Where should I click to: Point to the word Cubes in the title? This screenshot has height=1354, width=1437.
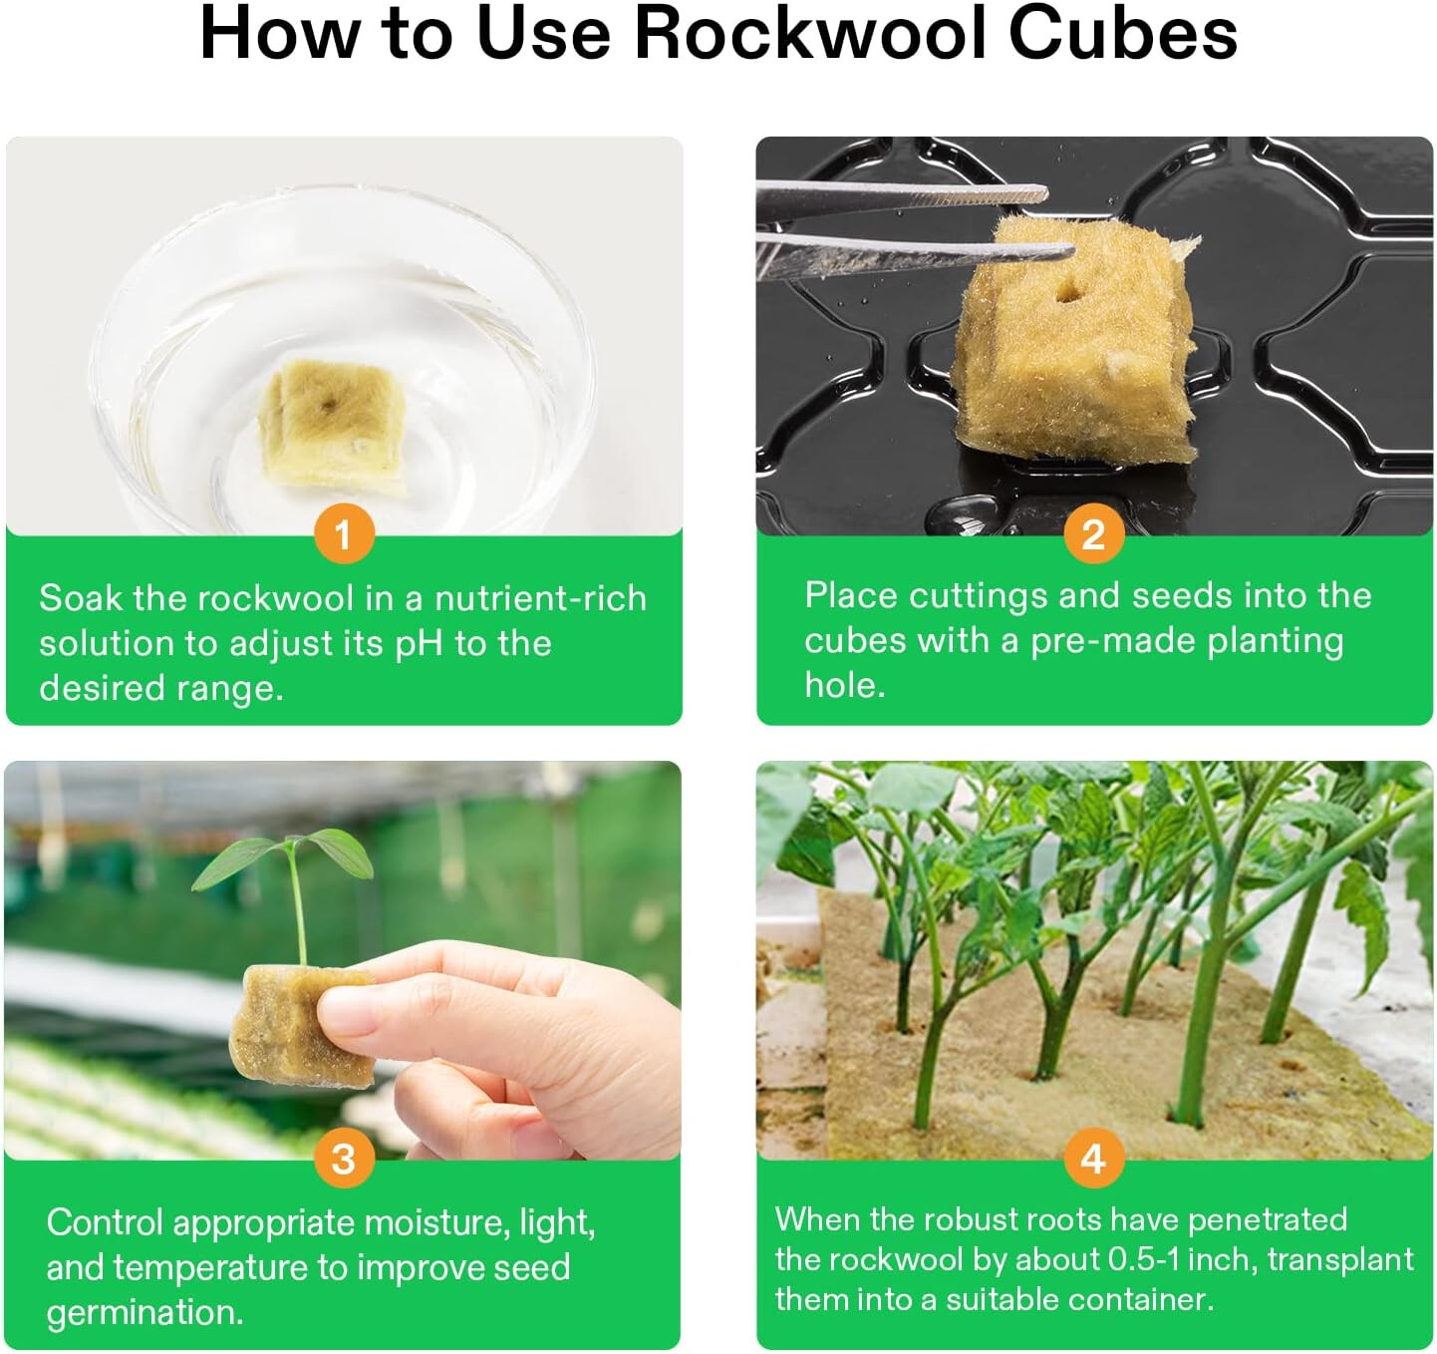coord(1122,34)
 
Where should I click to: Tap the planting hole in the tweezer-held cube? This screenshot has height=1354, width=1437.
coord(1068,292)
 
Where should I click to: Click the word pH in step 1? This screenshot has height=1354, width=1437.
coord(419,644)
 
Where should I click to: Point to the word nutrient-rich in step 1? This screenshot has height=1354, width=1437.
coord(540,598)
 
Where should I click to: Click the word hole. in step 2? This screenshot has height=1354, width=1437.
coord(845,685)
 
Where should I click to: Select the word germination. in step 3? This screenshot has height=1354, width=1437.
coord(144,1312)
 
